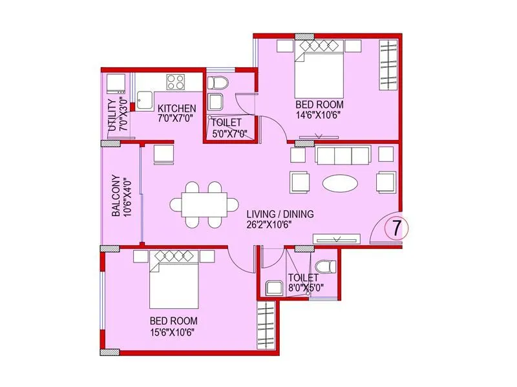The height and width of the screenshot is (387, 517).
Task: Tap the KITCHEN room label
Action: (173, 108)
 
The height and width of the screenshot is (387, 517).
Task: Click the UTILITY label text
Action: (113, 115)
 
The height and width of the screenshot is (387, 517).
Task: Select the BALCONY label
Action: (116, 196)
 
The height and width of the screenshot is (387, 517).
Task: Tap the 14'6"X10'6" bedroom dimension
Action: (319, 115)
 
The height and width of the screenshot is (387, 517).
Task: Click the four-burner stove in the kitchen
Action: (176, 81)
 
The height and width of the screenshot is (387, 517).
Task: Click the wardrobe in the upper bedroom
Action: (388, 68)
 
